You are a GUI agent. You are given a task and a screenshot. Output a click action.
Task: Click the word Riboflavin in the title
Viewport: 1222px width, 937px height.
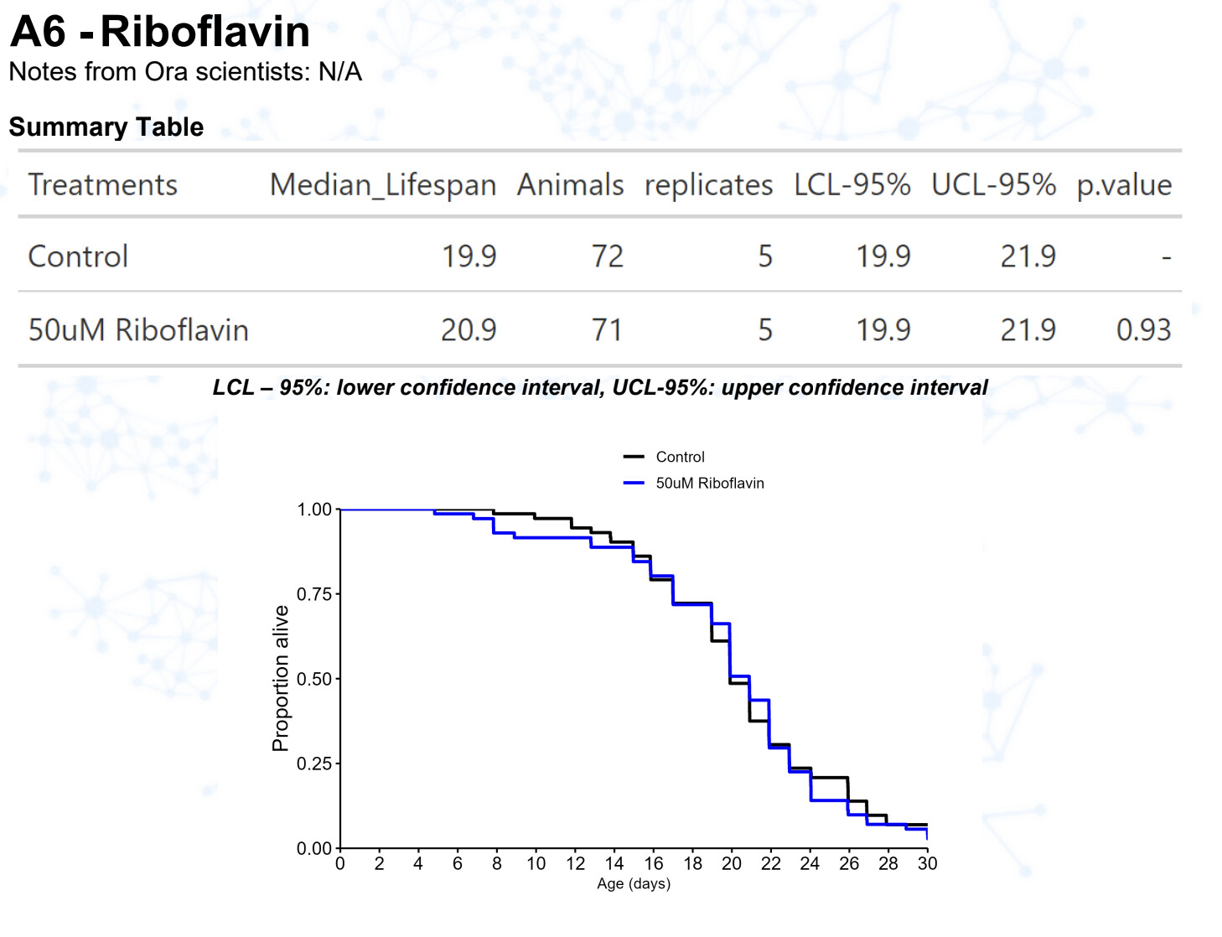pos(205,32)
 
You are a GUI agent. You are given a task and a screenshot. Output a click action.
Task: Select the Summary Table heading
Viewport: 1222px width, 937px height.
pos(106,127)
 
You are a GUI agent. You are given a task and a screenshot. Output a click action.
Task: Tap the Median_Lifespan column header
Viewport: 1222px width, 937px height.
pos(383,184)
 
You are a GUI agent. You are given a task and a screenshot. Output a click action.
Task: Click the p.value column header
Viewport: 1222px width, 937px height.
pos(1124,184)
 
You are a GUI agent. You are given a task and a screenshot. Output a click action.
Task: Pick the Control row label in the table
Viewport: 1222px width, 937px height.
pos(78,256)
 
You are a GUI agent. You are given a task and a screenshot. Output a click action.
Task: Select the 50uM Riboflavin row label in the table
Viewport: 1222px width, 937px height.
pos(138,330)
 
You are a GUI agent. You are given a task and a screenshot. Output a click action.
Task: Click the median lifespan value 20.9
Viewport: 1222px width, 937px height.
pos(469,330)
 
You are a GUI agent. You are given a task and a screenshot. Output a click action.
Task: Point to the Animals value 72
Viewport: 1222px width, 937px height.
pos(607,256)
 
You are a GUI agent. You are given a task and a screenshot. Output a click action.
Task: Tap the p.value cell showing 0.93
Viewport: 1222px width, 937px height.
pos(1143,330)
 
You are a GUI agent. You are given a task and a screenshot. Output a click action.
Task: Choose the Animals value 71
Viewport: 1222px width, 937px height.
pos(607,330)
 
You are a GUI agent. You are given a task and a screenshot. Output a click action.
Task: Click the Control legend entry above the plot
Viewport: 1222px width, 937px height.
pos(680,457)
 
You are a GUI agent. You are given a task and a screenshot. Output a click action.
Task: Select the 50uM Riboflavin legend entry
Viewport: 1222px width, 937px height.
pos(709,483)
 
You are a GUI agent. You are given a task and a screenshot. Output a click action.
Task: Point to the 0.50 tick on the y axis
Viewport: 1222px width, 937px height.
pos(314,679)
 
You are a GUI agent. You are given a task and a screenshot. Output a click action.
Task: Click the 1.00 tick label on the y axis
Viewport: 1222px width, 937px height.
pos(314,510)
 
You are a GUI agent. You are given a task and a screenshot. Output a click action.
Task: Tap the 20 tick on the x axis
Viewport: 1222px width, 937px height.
pos(732,863)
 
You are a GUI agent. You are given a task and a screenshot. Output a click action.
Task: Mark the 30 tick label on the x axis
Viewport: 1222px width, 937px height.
pos(927,863)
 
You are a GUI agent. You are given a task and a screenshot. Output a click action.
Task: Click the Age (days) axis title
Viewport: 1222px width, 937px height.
pos(634,883)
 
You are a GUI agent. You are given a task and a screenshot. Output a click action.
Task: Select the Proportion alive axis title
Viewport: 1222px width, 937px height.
pos(281,678)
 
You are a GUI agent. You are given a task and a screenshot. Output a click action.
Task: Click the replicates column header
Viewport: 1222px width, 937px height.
pos(708,184)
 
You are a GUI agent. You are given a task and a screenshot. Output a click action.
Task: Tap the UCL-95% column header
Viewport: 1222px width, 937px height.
pos(993,184)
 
